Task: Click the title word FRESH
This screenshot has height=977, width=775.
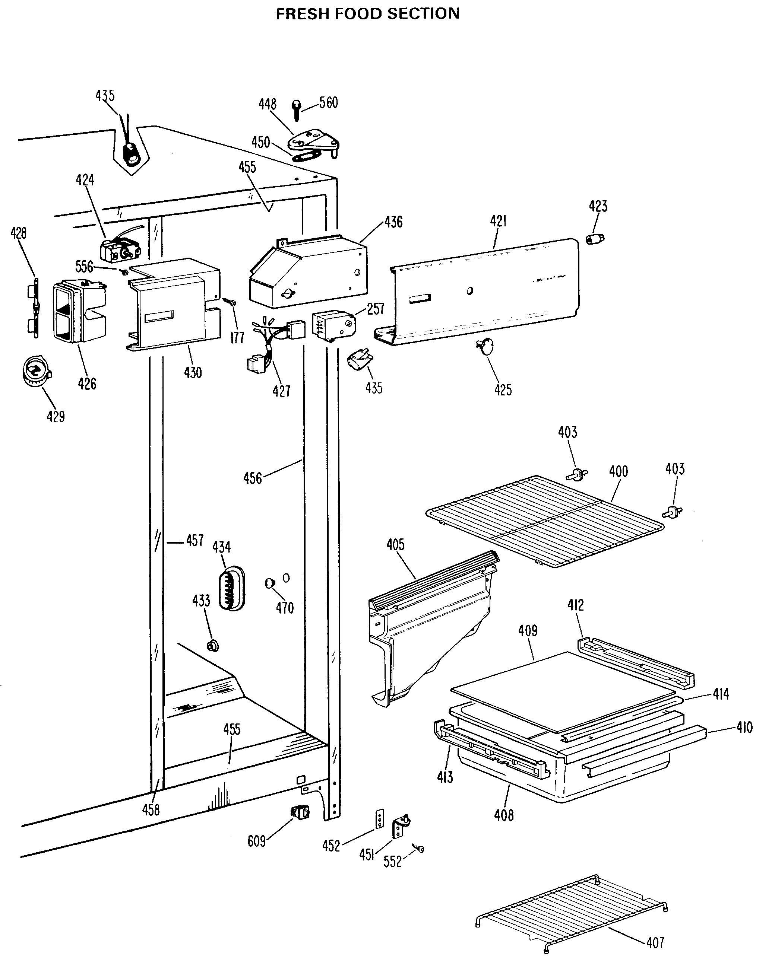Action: [x=303, y=14]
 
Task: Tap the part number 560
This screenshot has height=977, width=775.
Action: [x=328, y=103]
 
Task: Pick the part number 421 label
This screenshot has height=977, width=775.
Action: [x=498, y=221]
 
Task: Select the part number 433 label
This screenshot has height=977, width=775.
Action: [x=201, y=601]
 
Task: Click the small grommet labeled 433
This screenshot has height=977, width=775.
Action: [x=212, y=645]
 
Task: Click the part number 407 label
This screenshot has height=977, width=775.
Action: [x=655, y=943]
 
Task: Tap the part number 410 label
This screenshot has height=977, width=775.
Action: [x=744, y=727]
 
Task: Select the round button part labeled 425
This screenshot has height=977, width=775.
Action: [x=485, y=347]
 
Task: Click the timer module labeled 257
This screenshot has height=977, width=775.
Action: [x=333, y=324]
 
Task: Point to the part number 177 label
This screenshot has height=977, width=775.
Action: [x=237, y=338]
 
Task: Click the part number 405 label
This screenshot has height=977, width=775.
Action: [x=395, y=545]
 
